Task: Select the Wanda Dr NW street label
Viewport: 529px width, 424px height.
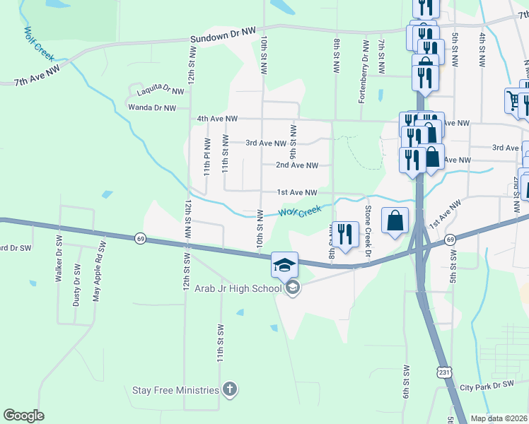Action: (x=151, y=107)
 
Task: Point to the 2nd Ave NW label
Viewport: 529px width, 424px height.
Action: (x=297, y=165)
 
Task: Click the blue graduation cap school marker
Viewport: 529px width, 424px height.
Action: (x=284, y=265)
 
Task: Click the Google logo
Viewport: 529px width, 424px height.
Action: (x=23, y=416)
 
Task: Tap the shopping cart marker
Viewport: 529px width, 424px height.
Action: (x=513, y=100)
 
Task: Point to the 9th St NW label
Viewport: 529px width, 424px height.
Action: (x=292, y=139)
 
